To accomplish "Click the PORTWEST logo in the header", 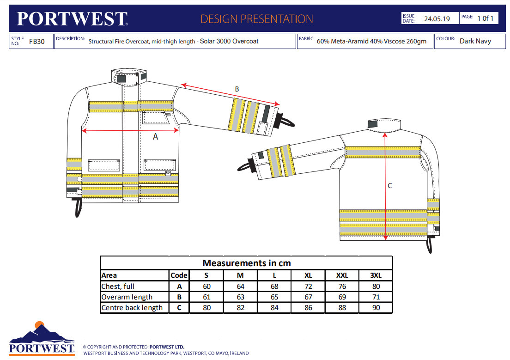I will tap(72, 19).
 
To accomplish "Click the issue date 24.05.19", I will tap(437, 19).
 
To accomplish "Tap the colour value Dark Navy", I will tap(475, 41).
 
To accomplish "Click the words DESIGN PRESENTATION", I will tap(256, 19).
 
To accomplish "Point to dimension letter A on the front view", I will tap(155, 136).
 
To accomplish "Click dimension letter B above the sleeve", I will tap(237, 89).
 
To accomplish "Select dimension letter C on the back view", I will tap(389, 186).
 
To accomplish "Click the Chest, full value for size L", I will tap(274, 287).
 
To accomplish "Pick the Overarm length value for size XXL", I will tap(342, 297).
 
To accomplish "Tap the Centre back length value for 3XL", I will tap(376, 308).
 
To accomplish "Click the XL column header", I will tap(308, 275).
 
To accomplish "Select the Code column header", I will tap(179, 275).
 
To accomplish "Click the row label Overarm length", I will tap(127, 297).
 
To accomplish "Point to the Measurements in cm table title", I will tap(246, 263).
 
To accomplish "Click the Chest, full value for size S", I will tap(206, 287).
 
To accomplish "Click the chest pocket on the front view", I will tap(156, 117).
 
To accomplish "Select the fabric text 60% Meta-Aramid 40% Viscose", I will tap(371, 41).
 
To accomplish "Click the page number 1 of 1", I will tap(486, 18).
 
